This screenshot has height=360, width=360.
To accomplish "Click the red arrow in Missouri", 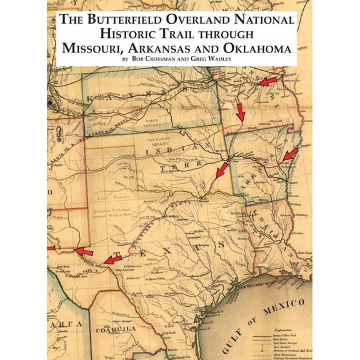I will click(268, 81).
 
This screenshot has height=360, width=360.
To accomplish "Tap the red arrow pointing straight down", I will click(241, 113).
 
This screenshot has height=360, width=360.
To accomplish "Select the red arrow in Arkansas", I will click(290, 155).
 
